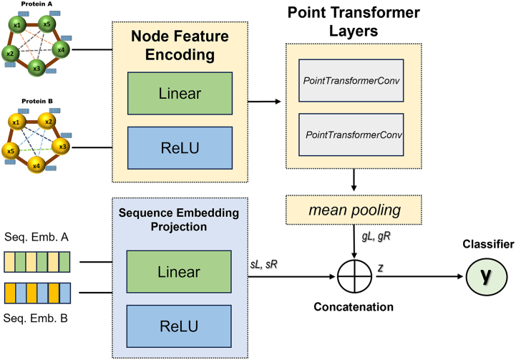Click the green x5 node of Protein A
click(x=47, y=24)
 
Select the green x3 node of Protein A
click(x=36, y=68)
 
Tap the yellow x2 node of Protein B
click(x=49, y=122)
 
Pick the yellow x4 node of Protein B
click(x=36, y=165)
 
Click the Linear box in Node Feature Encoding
click(x=180, y=94)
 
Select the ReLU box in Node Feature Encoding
click(x=180, y=148)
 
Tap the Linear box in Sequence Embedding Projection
click(x=179, y=272)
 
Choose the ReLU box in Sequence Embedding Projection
click(x=179, y=326)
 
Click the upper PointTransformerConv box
click(x=351, y=81)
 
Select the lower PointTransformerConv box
click(x=351, y=135)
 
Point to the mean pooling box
click(x=354, y=210)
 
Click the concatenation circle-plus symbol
click(x=354, y=276)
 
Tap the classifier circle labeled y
click(x=487, y=276)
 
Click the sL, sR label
click(x=264, y=264)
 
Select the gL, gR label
click(x=376, y=236)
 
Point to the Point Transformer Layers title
click(x=354, y=21)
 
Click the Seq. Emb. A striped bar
click(x=37, y=262)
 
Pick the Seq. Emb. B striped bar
click(x=37, y=293)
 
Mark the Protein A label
click(x=36, y=4)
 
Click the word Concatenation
click(x=354, y=307)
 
